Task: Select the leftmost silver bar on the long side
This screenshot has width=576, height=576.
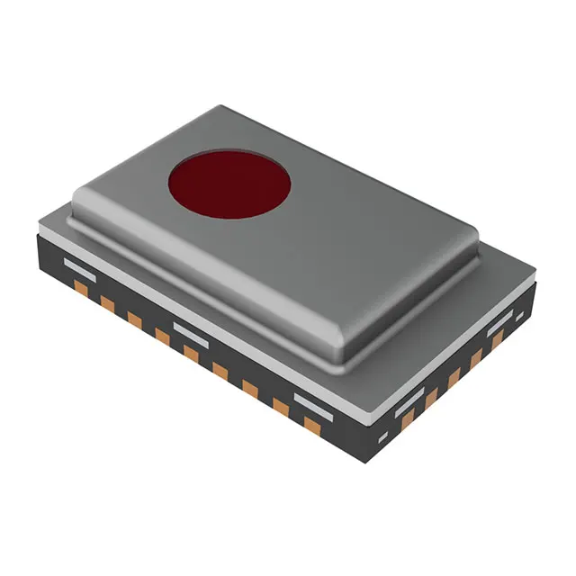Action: [78, 266]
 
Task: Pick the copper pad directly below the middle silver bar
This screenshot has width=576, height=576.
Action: [191, 354]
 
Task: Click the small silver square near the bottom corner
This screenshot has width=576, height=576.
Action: [382, 438]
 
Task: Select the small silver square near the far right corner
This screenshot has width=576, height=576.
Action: [519, 315]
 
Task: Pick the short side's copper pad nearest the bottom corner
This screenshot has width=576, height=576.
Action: [408, 418]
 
